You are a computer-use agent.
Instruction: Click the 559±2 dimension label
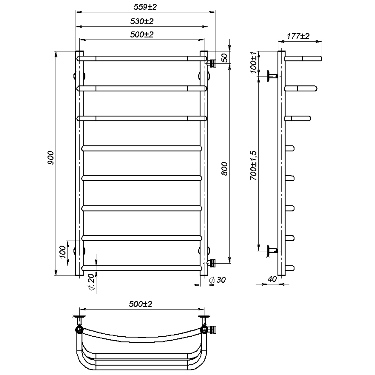(x=145, y=7)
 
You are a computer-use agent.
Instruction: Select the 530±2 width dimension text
(x=142, y=21)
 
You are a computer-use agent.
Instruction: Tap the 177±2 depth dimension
(x=298, y=36)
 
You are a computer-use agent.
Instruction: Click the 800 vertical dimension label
(x=225, y=169)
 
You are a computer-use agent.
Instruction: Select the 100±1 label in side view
(x=254, y=62)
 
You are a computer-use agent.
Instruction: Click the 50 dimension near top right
(x=225, y=58)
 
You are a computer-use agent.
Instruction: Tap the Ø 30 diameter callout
(x=217, y=280)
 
